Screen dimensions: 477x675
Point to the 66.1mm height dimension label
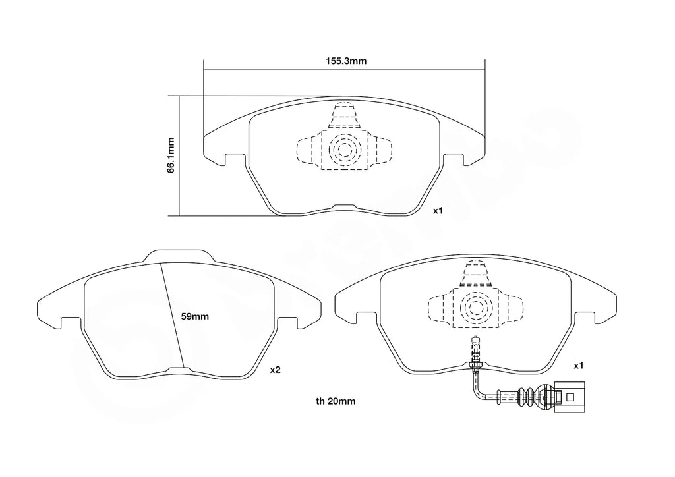click(x=170, y=155)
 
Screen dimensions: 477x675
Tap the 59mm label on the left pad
click(x=194, y=316)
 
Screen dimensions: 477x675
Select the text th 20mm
click(x=336, y=401)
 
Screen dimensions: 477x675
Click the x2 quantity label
click(x=276, y=370)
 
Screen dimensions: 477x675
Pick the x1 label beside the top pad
click(x=438, y=211)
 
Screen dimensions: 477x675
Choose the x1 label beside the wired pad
click(x=578, y=365)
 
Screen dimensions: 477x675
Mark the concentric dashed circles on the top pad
click(x=343, y=151)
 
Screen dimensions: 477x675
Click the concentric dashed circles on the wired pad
click(x=476, y=306)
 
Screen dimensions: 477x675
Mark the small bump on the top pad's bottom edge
click(x=343, y=207)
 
